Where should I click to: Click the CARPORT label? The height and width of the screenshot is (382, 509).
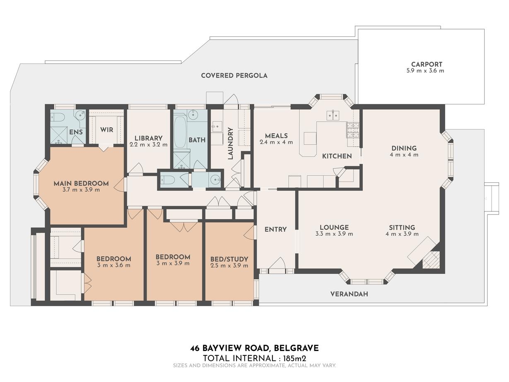click(x=426, y=64)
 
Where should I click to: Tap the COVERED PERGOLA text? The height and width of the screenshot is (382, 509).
click(x=234, y=75)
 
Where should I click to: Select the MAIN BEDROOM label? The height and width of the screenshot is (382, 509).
click(x=81, y=183)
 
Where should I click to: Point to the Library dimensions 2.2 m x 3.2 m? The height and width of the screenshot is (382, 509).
click(x=149, y=145)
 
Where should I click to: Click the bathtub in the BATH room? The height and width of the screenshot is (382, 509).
click(x=180, y=132)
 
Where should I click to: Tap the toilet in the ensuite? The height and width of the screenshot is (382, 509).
click(x=57, y=117)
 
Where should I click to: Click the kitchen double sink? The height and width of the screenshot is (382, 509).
click(x=333, y=115)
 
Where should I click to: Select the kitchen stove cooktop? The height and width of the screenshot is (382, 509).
click(x=352, y=130)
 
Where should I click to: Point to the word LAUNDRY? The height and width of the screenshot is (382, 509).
click(x=230, y=143)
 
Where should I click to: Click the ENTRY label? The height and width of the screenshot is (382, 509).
click(x=275, y=229)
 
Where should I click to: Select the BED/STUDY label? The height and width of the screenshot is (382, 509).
click(x=229, y=259)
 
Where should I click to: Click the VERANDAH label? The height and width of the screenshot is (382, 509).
click(x=349, y=294)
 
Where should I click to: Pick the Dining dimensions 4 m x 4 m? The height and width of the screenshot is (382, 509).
click(x=404, y=155)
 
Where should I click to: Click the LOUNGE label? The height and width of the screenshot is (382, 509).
click(x=334, y=227)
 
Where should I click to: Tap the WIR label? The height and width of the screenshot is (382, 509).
click(x=106, y=130)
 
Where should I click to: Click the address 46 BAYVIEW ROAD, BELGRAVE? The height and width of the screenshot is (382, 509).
click(x=254, y=348)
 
